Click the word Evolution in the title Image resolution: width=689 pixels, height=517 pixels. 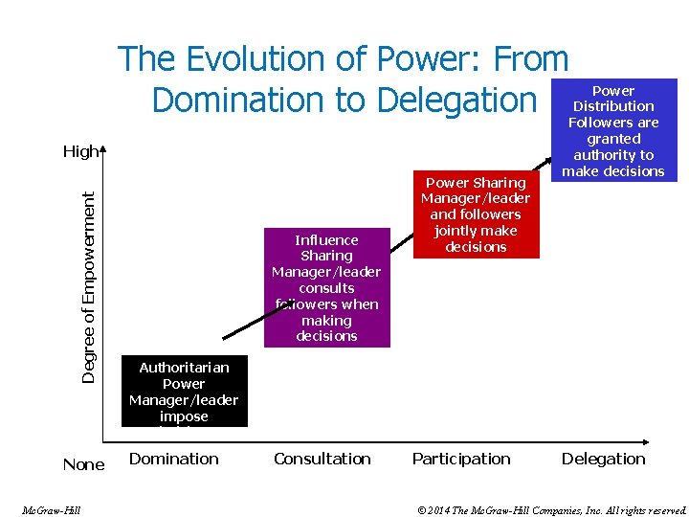coord(250,59)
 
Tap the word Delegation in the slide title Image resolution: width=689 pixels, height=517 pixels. coord(457,99)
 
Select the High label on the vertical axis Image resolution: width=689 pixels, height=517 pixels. coord(80,151)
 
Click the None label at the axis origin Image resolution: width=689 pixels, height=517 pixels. coord(83,464)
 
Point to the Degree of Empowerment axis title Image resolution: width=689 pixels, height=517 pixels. coord(88,287)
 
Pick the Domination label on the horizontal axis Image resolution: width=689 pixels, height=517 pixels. coord(174,459)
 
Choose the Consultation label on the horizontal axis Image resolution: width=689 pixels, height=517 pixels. coord(322,459)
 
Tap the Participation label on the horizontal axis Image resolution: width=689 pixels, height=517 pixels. coord(461,459)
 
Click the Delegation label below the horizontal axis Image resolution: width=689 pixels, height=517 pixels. coord(604,459)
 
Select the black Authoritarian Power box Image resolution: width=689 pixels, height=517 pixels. coord(184,391)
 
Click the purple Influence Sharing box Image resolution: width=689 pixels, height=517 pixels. coord(326,287)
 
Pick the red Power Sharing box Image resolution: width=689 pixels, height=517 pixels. coord(476,214)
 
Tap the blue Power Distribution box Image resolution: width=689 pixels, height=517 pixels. coord(613,129)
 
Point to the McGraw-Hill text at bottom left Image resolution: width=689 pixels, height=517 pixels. coord(51,510)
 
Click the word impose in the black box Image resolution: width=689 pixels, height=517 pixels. coord(184,416)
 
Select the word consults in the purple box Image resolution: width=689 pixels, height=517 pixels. coord(326,288)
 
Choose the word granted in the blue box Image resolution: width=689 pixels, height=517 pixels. coord(613,139)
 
